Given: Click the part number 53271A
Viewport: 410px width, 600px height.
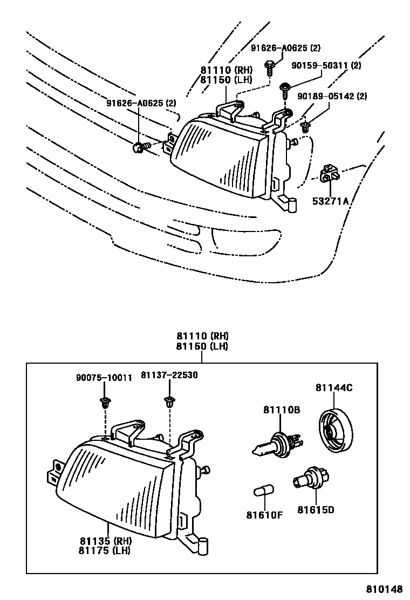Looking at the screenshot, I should (x=331, y=202).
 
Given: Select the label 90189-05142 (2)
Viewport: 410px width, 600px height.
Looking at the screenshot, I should (x=332, y=97).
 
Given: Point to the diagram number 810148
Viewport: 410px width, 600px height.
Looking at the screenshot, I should (x=386, y=589).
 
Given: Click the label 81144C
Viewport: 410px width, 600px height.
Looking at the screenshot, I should (x=334, y=387).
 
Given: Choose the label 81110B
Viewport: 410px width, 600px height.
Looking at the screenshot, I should (x=282, y=411).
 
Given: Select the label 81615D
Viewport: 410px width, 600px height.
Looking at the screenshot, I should (x=316, y=509).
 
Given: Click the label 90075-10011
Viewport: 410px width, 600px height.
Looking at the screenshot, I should (x=103, y=378).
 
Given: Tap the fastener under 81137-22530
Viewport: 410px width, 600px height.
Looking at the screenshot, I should (x=170, y=401).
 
